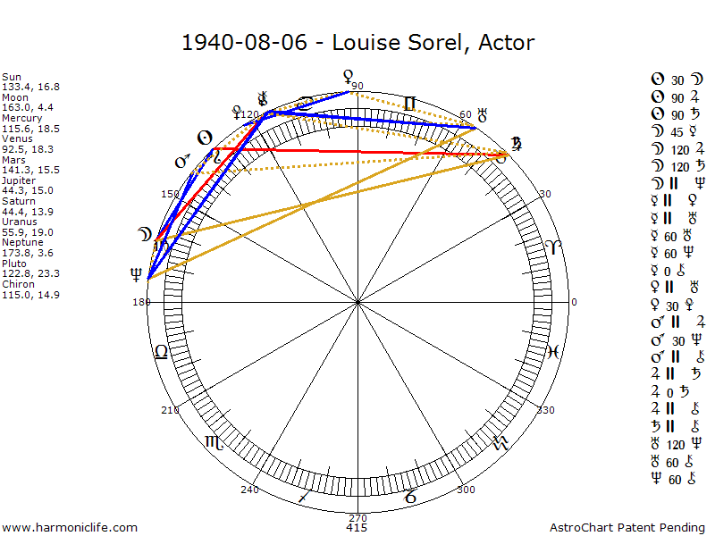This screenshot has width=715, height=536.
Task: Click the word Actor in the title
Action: point(506,42)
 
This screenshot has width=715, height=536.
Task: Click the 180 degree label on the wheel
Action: point(140,303)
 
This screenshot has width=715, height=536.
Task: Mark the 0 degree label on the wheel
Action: point(575,303)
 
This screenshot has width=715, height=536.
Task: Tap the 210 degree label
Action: point(170,410)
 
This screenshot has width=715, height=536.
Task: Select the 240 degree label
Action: point(249,490)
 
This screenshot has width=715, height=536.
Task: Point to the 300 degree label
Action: point(466,490)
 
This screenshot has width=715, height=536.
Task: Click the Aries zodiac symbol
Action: point(555,247)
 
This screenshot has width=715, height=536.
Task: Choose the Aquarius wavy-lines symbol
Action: point(501,442)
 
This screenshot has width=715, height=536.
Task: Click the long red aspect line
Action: point(357,151)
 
